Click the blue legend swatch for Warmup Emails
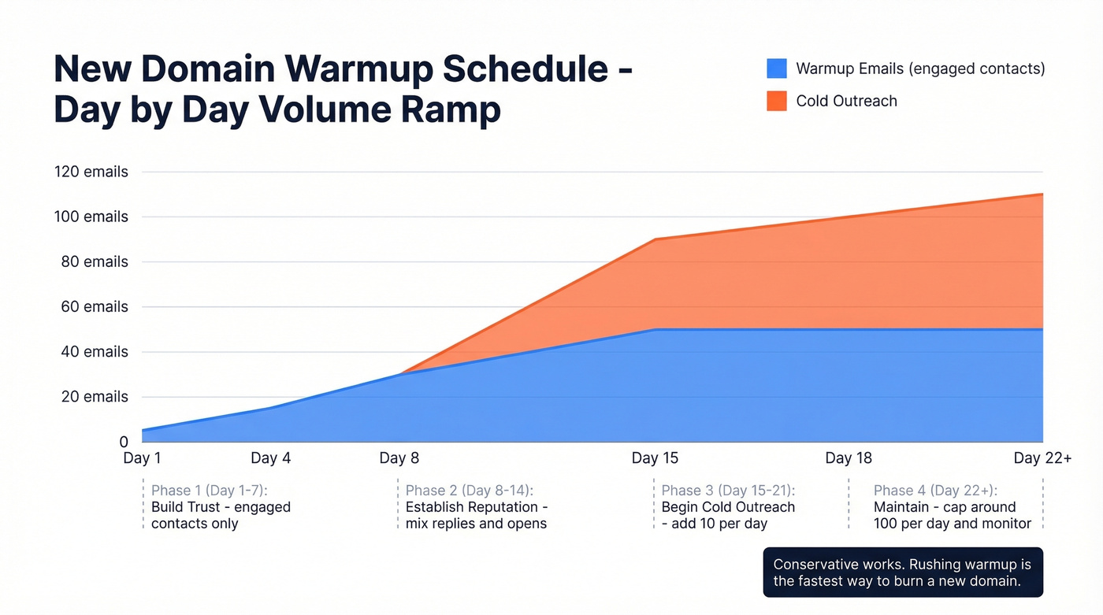click(x=776, y=69)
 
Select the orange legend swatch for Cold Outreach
click(x=776, y=101)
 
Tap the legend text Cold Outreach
click(x=846, y=101)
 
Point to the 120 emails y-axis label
click(x=91, y=172)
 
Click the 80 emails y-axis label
click(x=94, y=262)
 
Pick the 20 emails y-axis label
click(x=94, y=397)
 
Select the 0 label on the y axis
click(x=123, y=443)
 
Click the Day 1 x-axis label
click(x=142, y=458)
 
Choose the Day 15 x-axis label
click(x=655, y=458)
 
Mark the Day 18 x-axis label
click(x=849, y=458)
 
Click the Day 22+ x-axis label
click(x=1042, y=458)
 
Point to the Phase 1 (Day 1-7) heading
click(x=210, y=491)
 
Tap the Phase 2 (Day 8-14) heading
click(x=469, y=491)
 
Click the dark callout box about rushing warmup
click(x=903, y=572)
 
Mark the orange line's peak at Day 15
click(x=655, y=239)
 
